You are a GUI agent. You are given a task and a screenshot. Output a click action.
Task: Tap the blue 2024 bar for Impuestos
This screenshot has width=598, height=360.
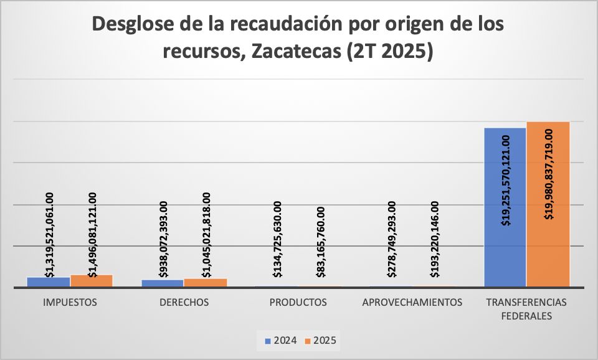pyautogui.click(x=48, y=282)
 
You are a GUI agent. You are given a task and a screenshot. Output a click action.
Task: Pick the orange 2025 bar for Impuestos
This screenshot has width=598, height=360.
pyautogui.click(x=92, y=281)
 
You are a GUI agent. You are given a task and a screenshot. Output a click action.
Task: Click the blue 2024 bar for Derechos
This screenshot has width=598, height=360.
pyautogui.click(x=163, y=283)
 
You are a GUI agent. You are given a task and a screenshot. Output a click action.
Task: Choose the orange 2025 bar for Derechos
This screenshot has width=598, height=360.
pyautogui.click(x=206, y=283)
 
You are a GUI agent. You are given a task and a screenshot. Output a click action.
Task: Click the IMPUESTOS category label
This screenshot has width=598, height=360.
pyautogui.click(x=70, y=303)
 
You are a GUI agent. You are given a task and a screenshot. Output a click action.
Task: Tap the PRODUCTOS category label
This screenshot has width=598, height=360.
pyautogui.click(x=298, y=303)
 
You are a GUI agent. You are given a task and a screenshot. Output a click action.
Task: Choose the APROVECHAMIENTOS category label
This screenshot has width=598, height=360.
pyautogui.click(x=412, y=303)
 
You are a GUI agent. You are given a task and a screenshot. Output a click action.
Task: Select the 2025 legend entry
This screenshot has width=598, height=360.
pyautogui.click(x=323, y=341)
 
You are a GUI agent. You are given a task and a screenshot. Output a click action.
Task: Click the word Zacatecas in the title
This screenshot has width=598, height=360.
pyautogui.click(x=294, y=51)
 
